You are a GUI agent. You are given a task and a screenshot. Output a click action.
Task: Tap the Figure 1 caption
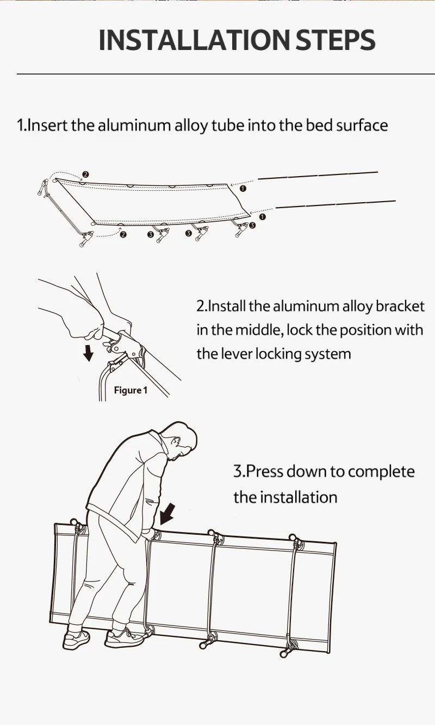pos(130,390)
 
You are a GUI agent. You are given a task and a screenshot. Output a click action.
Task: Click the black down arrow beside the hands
pos(88,354)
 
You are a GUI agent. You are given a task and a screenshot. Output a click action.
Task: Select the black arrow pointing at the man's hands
pos(170,512)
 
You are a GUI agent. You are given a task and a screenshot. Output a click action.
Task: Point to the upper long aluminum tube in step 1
pos(318,174)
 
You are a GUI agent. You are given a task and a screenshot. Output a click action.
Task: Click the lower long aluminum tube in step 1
pos(335,204)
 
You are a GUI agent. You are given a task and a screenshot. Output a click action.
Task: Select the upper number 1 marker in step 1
pos(243,189)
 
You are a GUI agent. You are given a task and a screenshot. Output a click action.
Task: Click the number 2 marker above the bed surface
pos(85,174)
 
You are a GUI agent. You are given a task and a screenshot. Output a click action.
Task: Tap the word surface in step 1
pos(362,126)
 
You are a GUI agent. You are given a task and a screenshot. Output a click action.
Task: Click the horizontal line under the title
pos(217,73)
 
